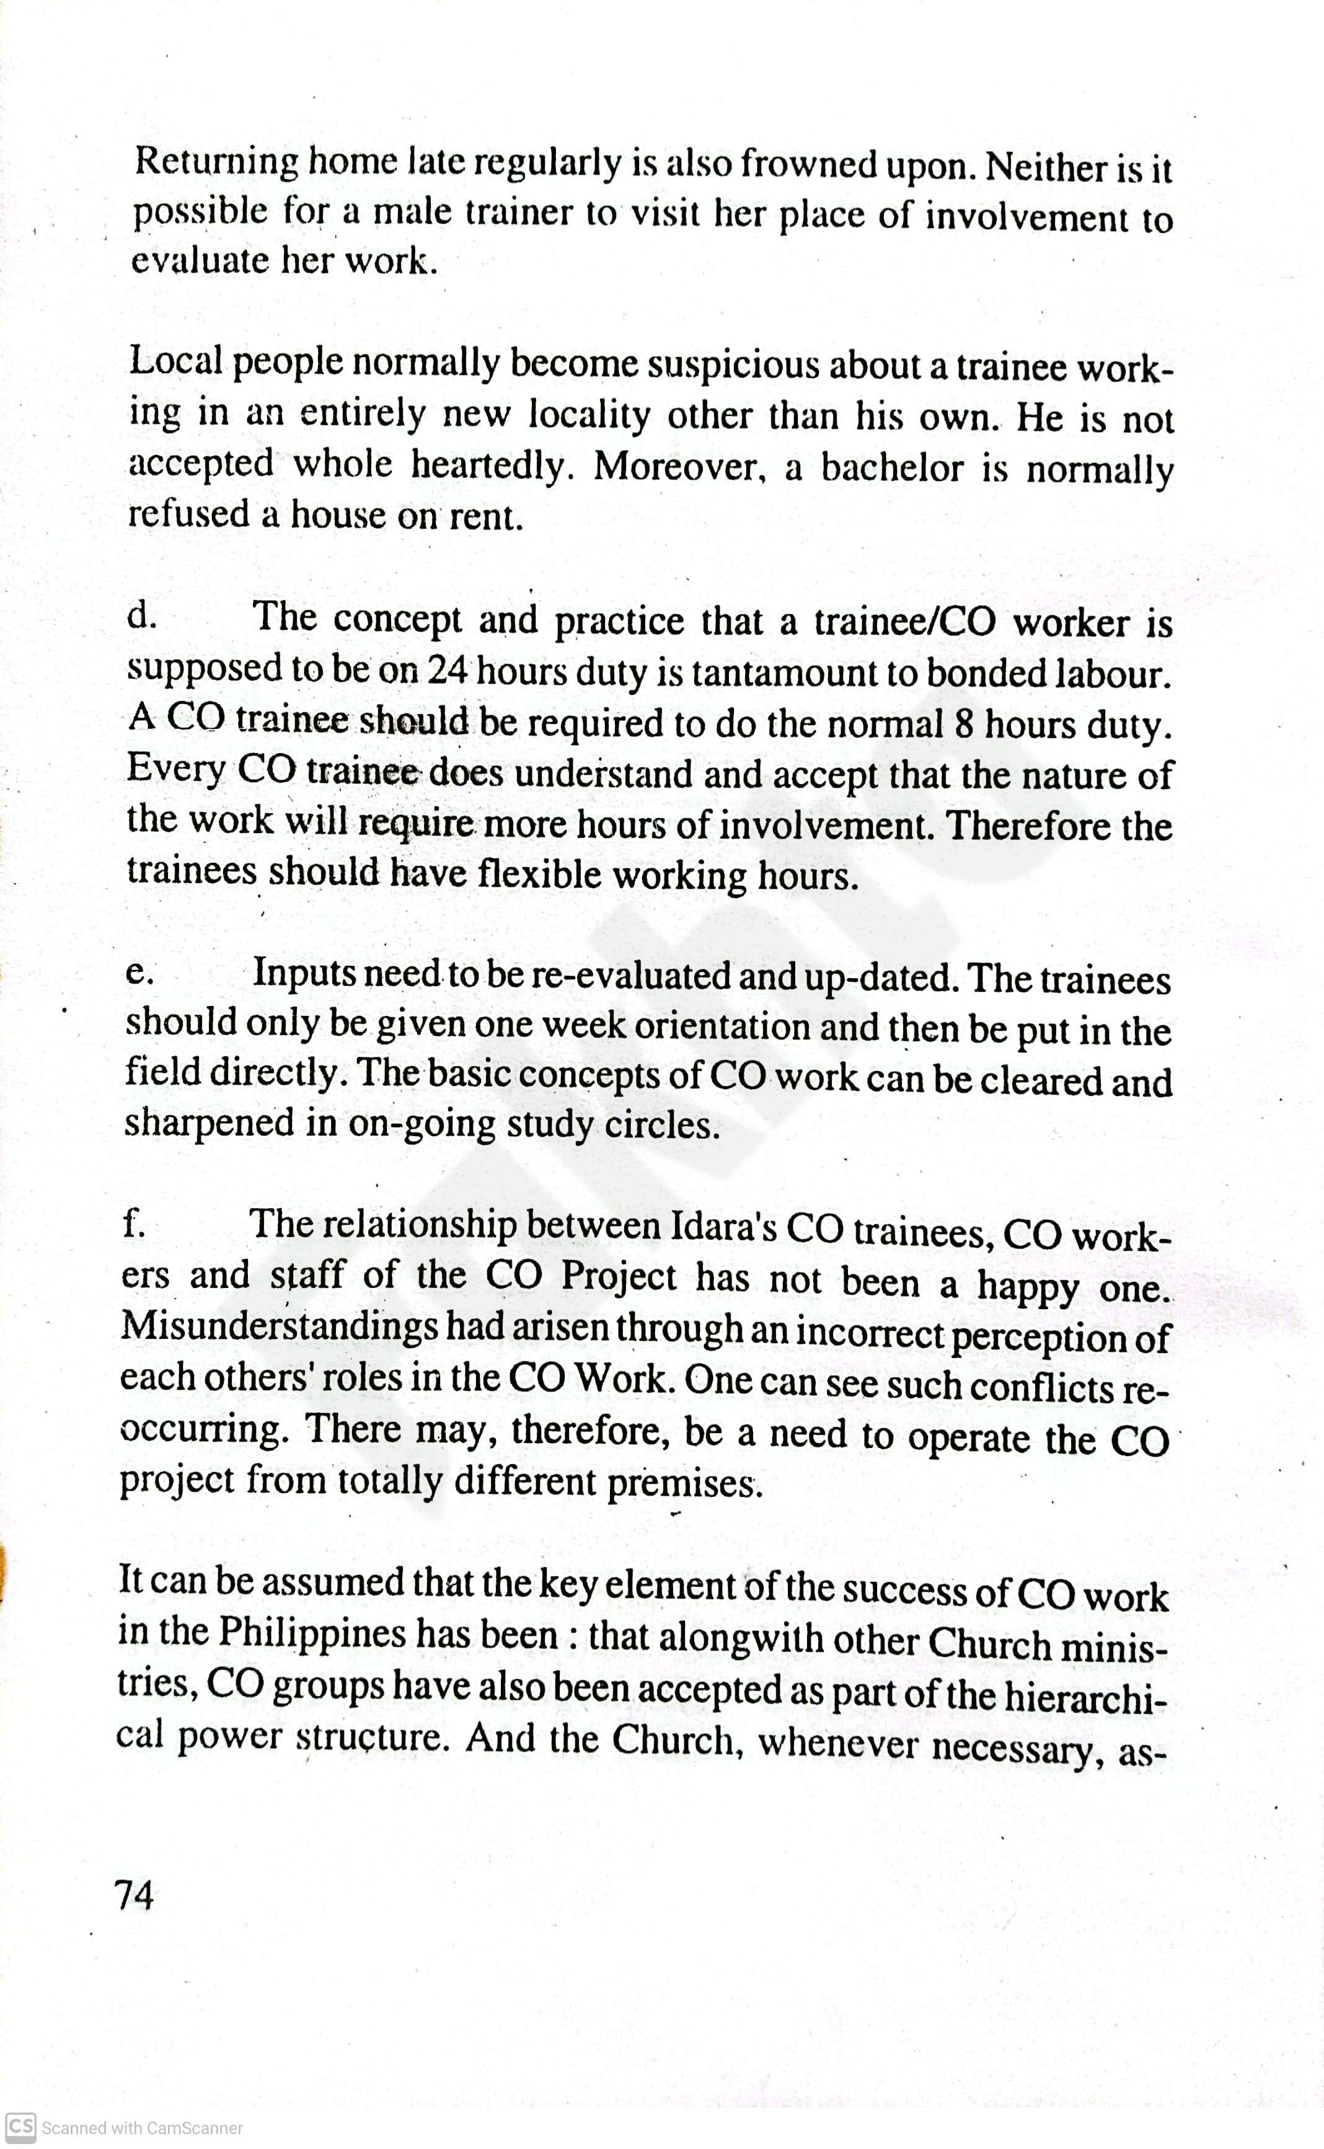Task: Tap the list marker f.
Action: (x=134, y=1224)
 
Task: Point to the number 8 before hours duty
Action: (x=965, y=724)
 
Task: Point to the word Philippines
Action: (x=312, y=1632)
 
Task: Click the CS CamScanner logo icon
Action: (x=21, y=2126)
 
